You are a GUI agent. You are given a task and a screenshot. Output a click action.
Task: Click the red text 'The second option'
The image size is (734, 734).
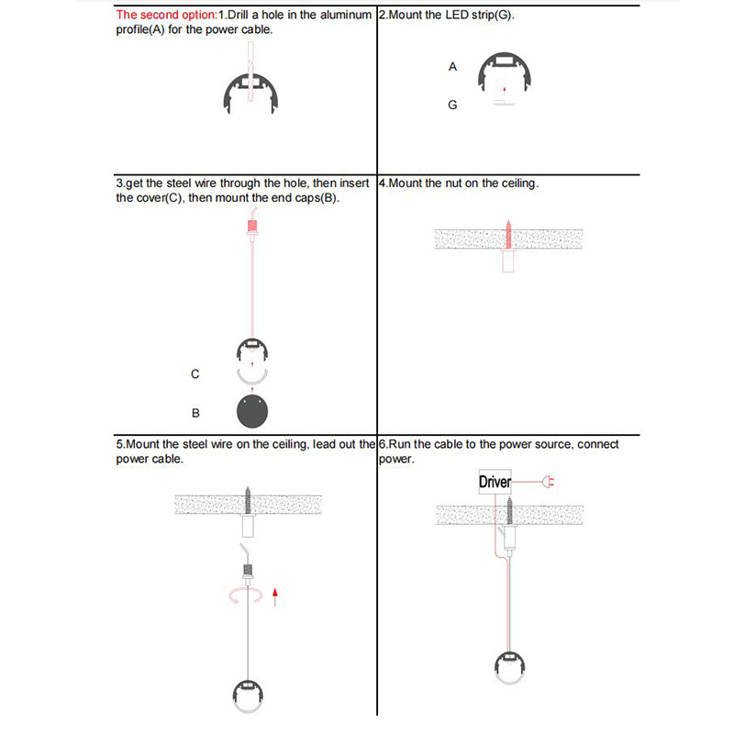coord(166,15)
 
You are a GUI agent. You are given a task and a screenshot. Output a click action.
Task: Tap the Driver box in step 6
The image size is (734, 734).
coord(495,482)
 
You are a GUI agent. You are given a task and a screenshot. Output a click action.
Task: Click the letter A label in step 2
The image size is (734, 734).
coord(452,67)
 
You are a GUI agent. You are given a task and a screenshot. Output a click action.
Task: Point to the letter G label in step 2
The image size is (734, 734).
coord(452,106)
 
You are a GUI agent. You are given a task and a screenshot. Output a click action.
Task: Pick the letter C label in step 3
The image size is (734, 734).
coord(195,374)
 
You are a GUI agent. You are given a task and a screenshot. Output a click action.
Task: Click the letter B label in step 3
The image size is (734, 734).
coord(195,414)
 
